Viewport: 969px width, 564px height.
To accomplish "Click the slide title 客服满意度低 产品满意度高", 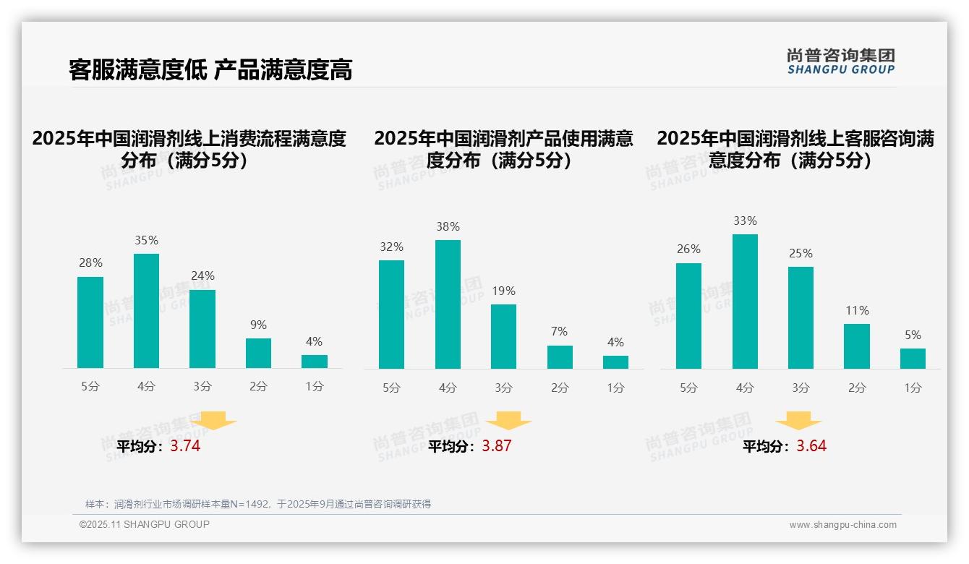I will (210, 70).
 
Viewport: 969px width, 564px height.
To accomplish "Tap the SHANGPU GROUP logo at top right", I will (840, 61).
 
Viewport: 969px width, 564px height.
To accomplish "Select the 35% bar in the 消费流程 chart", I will (146, 311).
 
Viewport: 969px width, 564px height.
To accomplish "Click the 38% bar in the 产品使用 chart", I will (448, 304).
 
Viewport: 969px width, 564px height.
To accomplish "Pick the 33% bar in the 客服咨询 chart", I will (745, 302).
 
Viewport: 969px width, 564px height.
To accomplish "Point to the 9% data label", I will (258, 325).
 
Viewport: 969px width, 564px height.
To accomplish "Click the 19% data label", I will (503, 291).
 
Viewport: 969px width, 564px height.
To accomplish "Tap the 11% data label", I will (857, 311).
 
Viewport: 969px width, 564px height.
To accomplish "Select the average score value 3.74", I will (185, 446).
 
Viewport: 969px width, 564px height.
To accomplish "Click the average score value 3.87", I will (497, 446).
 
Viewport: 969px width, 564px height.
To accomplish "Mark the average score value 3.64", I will (811, 446).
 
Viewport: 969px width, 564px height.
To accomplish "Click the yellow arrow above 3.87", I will (508, 421).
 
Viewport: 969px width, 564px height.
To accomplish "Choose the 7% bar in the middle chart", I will (560, 357).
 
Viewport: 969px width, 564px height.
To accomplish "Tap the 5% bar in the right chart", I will (913, 359).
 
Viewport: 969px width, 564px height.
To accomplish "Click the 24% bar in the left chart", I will (202, 329).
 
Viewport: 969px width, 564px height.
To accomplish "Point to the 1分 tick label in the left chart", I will (315, 387).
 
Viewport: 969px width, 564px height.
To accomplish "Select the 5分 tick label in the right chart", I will (688, 388).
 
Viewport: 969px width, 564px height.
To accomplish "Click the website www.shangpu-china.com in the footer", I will (842, 525).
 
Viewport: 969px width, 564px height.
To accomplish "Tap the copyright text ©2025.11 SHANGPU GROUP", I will (145, 524).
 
